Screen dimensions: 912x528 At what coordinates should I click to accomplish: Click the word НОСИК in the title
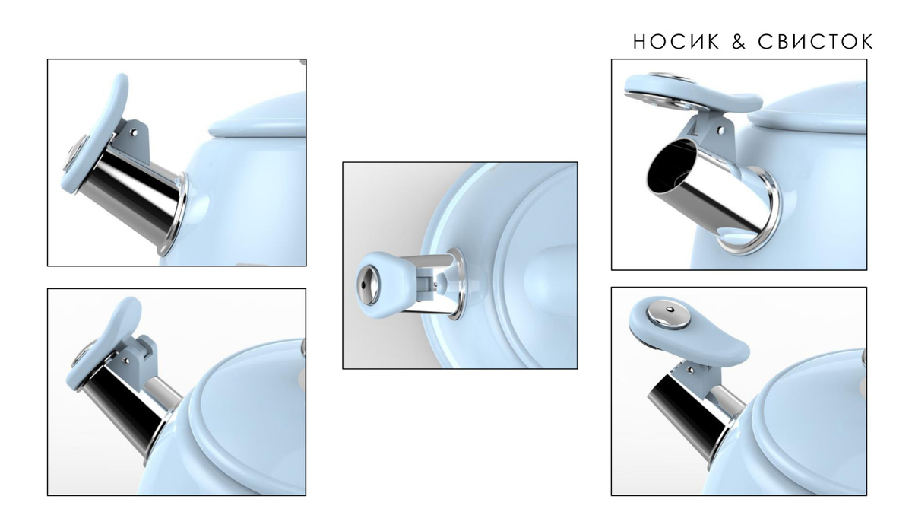676,42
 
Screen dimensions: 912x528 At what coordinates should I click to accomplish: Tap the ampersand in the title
739,42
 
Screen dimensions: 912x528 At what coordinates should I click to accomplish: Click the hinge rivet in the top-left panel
134,132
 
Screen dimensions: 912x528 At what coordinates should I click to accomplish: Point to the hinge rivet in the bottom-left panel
126,360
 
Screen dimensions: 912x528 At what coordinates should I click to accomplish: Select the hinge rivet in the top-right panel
721,130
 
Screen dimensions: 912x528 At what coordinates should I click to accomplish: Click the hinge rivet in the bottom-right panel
690,370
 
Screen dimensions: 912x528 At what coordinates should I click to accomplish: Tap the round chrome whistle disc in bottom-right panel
669,316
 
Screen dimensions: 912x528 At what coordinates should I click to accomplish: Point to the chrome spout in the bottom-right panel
688,412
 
